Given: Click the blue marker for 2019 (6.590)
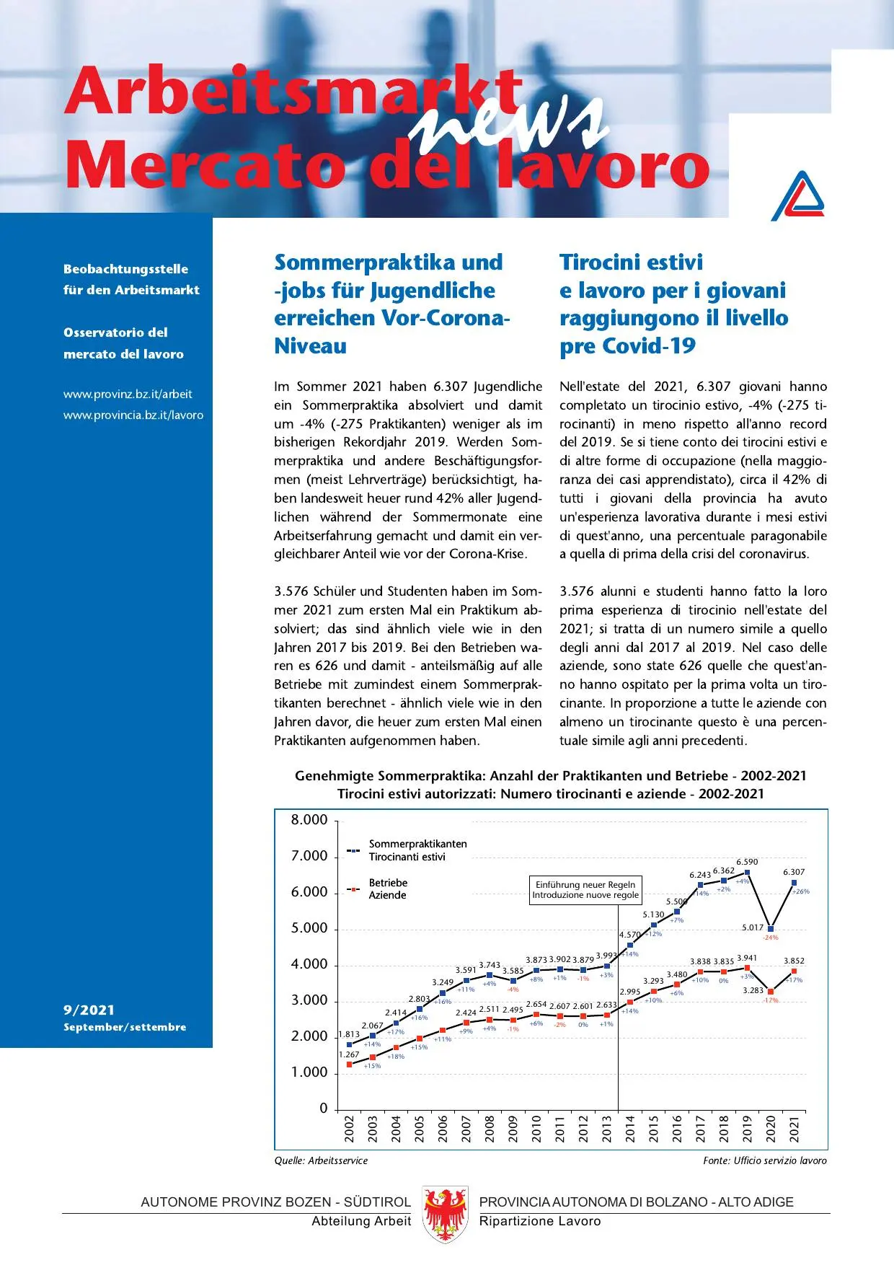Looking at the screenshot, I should pos(747,872).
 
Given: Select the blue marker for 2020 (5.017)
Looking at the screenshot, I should pos(771,929).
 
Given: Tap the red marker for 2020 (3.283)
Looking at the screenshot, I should pos(771,992).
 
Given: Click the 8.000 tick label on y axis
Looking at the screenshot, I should pos(309,820).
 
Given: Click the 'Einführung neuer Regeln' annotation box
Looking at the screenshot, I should pos(585,889).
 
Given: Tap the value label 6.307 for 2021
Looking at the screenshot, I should pos(793,872).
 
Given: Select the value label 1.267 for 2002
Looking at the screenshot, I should pos(349,1054).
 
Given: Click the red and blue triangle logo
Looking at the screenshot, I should pos(797,195).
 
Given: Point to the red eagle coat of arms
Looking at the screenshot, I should pos(445,1213).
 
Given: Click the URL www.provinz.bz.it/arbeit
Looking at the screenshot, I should pos(128,395).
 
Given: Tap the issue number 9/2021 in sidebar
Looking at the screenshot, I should pos(89,1010).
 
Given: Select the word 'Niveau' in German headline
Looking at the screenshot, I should pos(310,346).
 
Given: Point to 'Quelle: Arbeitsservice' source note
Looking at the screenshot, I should pos(321,1160).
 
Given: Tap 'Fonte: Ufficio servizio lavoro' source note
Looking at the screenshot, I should pos(764,1160).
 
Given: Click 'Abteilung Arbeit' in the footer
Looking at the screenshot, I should pos(360,1221).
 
